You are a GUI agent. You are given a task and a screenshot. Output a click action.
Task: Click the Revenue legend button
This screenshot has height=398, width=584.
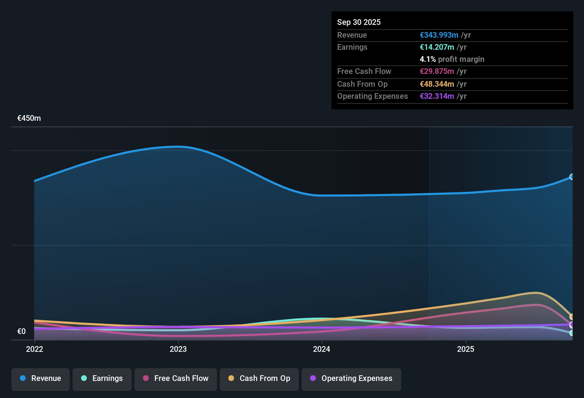tap(40, 378)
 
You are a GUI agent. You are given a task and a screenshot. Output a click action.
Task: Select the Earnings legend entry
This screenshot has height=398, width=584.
tap(102, 378)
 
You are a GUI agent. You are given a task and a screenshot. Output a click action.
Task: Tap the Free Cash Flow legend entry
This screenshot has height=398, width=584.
tap(175, 378)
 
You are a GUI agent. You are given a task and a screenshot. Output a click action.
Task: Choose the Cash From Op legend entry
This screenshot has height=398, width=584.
tap(259, 378)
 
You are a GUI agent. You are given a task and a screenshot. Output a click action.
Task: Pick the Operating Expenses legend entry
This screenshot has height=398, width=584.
tap(351, 378)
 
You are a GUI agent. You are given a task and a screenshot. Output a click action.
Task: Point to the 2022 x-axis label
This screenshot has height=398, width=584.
tap(34, 349)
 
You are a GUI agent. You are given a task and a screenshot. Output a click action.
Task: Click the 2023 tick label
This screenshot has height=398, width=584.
tap(178, 349)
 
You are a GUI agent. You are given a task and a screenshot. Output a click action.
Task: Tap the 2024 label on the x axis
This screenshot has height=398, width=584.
tap(322, 349)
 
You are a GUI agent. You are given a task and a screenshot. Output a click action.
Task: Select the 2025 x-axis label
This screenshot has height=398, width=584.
tap(465, 349)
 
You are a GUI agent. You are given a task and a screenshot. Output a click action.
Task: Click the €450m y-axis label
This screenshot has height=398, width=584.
tap(29, 118)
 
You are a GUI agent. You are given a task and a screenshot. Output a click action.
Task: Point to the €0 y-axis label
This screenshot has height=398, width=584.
tap(22, 332)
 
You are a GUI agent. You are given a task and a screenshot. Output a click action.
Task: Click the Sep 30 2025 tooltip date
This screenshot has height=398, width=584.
tap(359, 22)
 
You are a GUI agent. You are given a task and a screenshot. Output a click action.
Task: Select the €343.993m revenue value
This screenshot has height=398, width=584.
tap(439, 35)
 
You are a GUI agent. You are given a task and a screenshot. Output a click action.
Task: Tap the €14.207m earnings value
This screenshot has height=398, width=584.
tap(437, 47)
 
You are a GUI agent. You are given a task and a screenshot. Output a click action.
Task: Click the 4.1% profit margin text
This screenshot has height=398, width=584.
tap(452, 59)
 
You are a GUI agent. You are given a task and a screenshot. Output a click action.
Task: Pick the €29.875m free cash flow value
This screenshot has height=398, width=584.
tap(437, 71)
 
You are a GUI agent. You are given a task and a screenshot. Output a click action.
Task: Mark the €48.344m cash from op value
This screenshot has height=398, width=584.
tap(437, 84)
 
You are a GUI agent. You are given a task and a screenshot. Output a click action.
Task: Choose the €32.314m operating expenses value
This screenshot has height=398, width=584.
tap(437, 96)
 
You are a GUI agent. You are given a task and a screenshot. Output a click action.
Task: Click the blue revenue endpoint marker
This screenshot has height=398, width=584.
tap(572, 177)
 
